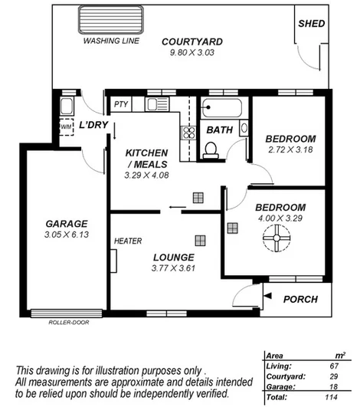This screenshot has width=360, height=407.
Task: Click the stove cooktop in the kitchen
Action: click(187, 133)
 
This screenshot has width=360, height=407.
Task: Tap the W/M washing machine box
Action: click(66, 127)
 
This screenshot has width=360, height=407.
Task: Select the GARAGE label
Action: click(67, 224)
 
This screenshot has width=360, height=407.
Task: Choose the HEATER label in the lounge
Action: click(127, 241)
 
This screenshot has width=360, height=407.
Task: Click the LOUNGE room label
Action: click(172, 257)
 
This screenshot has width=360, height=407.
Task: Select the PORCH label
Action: click(299, 299)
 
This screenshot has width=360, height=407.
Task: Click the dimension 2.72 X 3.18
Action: click(290, 150)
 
